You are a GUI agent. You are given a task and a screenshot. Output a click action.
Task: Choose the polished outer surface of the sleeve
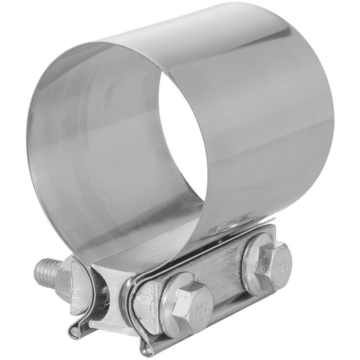[274, 126]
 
